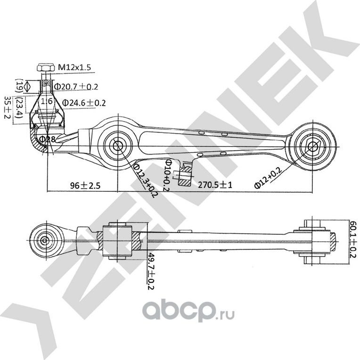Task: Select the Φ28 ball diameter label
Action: coord(48,139)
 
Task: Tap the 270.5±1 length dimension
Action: coord(215,185)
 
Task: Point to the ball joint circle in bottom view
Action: coord(45,240)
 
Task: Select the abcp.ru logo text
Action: coord(188,311)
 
